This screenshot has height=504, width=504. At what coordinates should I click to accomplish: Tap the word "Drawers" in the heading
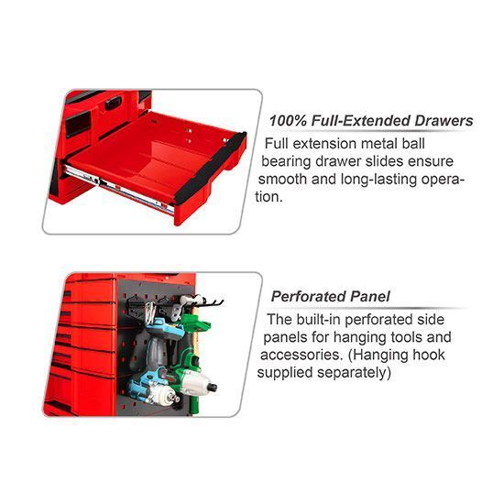(x=444, y=121)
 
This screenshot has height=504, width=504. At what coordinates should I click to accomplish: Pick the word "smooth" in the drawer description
(x=282, y=179)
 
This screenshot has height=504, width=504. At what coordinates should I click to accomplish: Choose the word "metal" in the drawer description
(x=379, y=144)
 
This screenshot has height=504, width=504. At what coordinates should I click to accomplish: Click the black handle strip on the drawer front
(x=211, y=169)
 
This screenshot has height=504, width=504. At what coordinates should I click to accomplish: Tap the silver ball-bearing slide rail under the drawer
(x=119, y=189)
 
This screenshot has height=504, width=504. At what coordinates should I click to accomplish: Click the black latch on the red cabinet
(x=114, y=104)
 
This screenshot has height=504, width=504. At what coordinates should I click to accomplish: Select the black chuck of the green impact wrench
(x=213, y=387)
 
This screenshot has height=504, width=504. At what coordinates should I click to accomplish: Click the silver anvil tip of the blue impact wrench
(x=176, y=399)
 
